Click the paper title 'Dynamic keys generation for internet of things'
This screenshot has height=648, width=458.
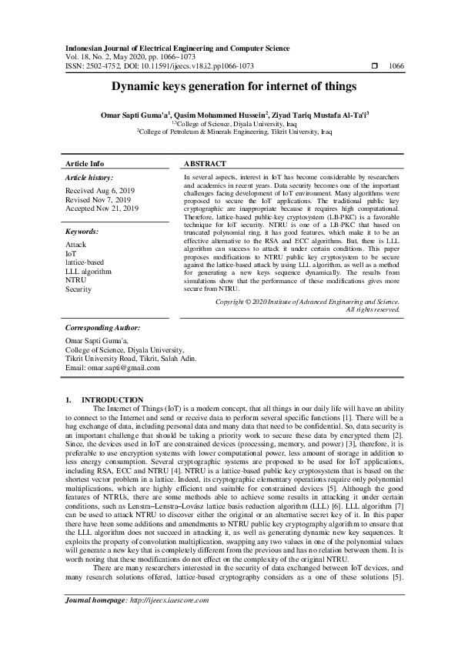(229, 88)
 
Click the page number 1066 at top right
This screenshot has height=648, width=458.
(396, 66)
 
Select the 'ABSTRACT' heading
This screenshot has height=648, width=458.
(205, 164)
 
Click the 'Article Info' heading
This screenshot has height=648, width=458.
(85, 164)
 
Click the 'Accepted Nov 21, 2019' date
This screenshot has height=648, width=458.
(102, 208)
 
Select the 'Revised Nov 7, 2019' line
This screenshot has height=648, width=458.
(99, 199)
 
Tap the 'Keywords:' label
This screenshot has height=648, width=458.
(82, 231)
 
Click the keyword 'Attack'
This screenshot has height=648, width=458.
(76, 244)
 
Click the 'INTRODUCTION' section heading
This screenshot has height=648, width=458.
(112, 399)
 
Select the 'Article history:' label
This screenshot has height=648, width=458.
(89, 178)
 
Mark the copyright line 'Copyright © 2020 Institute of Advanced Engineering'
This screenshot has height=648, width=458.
(307, 302)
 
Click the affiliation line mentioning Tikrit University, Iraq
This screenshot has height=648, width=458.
(234, 132)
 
